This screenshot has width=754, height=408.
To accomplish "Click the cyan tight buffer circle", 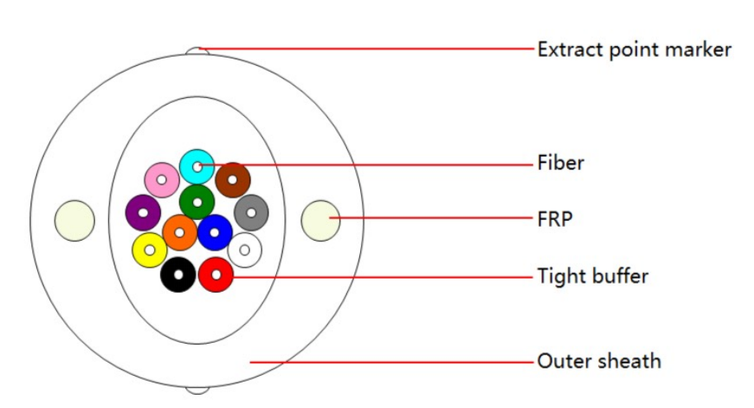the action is tap(197, 167).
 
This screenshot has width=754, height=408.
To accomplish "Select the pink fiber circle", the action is tap(162, 180).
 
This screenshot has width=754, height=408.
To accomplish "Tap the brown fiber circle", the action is tap(232, 180).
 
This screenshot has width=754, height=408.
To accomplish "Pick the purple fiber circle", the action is tap(143, 212).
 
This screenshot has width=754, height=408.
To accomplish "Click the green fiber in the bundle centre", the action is tap(197, 203).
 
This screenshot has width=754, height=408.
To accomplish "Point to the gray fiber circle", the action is tap(251, 212).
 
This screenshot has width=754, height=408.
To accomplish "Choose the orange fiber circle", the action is tap(180, 233).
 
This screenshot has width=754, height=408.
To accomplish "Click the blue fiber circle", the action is tap(214, 233).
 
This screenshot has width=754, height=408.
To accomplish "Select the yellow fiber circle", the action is tap(149, 251).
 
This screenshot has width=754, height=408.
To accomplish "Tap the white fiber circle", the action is tap(244, 251).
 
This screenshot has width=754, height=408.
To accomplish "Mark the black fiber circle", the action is tap(178, 274).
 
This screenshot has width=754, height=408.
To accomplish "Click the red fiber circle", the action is tap(216, 274).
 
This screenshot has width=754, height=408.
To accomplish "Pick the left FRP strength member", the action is tap(74, 220).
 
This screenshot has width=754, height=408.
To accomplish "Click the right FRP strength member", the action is tap(321, 220).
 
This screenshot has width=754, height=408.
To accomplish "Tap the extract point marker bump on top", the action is tap(197, 51).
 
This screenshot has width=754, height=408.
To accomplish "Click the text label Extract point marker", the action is tap(635, 50).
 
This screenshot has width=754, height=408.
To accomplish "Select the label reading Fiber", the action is tap(560, 162).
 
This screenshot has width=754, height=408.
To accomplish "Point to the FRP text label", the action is tap(555, 219).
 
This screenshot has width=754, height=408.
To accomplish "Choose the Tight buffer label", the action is tap(593, 276).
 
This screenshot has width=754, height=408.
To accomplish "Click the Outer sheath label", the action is tap(599, 361).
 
